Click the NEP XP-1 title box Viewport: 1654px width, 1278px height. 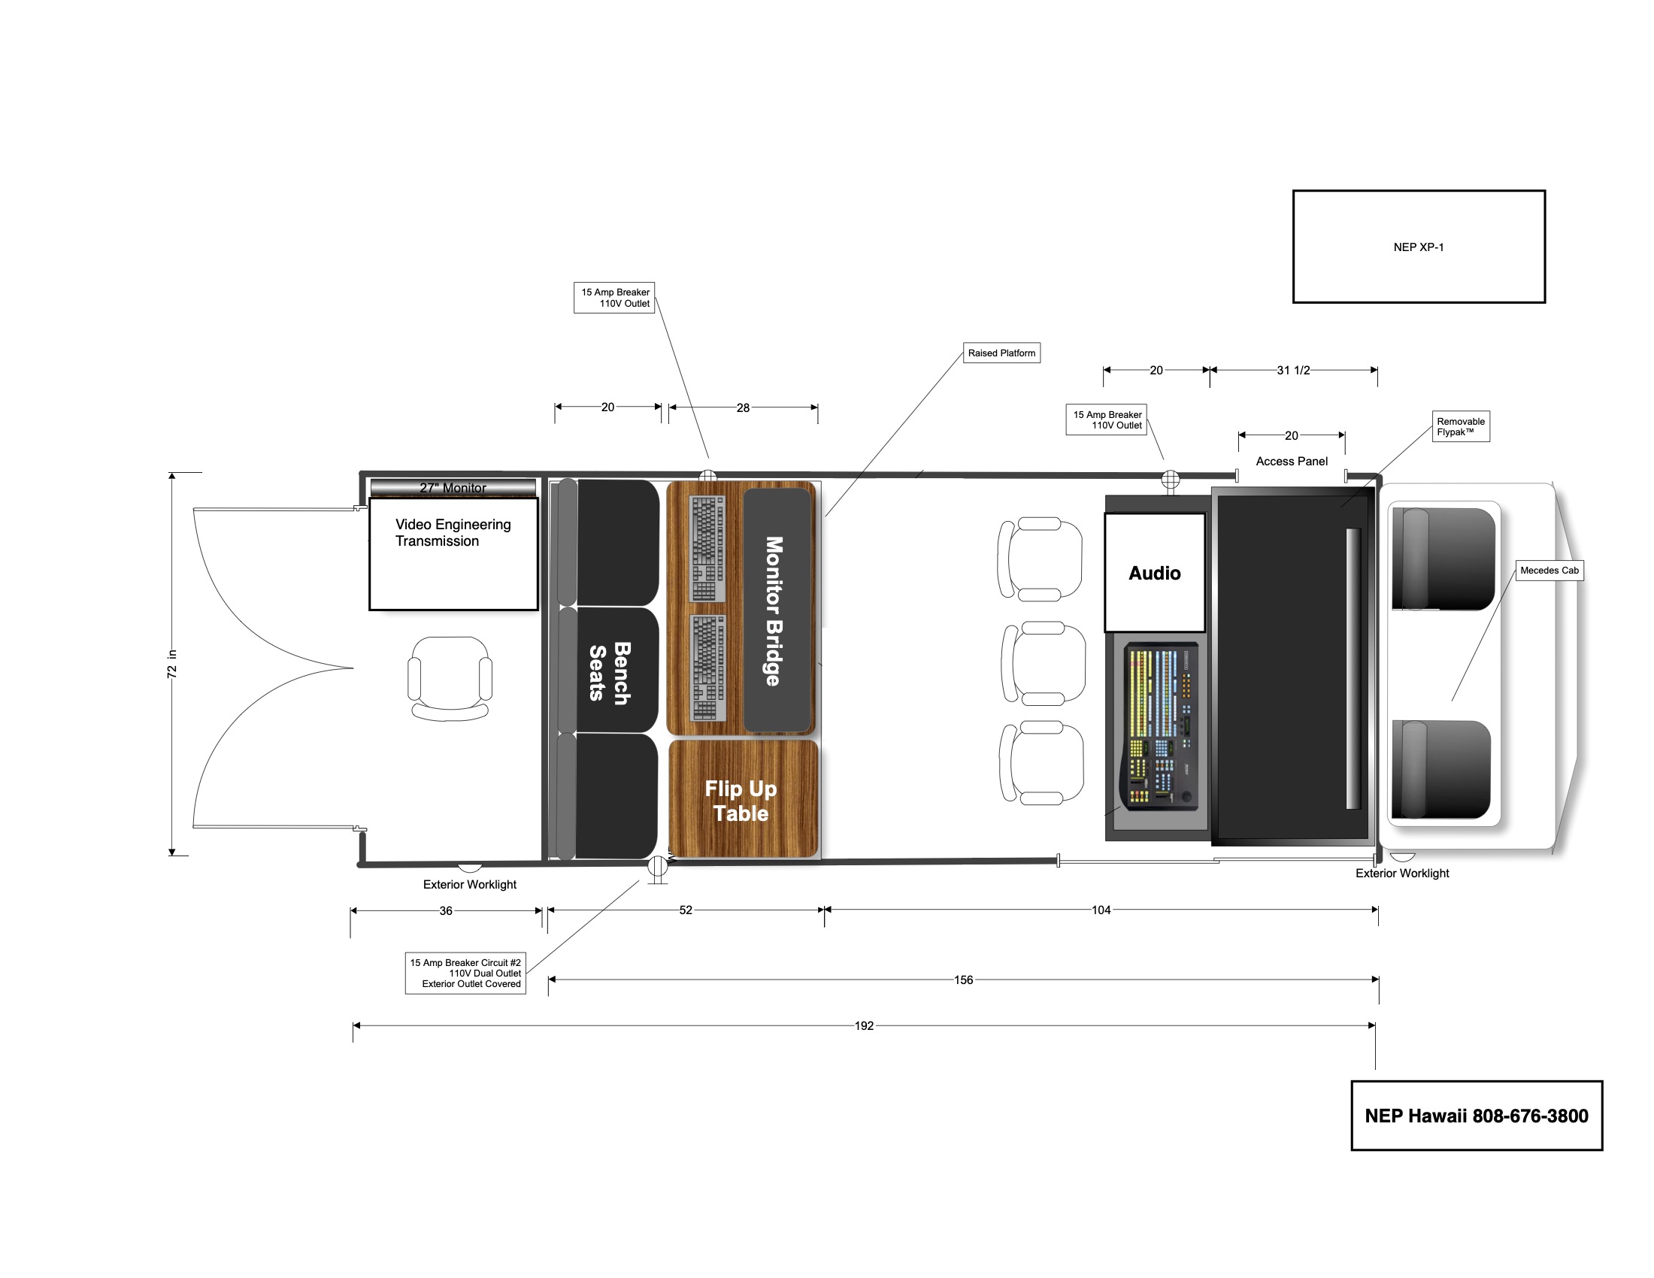pos(1418,247)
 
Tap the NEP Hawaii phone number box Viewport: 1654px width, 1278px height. pos(1476,1115)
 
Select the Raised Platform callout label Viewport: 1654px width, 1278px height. pos(1001,353)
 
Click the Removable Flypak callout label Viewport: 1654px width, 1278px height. pos(1460,427)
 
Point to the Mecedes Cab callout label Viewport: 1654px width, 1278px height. pos(1549,570)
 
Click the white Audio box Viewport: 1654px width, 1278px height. pos(1154,572)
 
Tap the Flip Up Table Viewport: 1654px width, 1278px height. pos(741,801)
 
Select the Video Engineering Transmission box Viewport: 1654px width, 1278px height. pos(453,553)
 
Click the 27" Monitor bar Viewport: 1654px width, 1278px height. pos(453,488)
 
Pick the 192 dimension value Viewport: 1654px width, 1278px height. pos(864,1026)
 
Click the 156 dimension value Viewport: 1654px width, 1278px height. pos(963,980)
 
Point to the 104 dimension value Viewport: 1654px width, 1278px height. pos(1101,910)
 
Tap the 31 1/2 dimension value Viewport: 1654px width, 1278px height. pos(1293,370)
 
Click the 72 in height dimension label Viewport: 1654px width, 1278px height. pos(172,663)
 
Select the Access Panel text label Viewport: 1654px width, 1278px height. pos(1291,461)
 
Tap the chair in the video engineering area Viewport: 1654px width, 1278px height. pos(450,677)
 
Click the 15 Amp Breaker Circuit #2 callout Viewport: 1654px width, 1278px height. pos(465,973)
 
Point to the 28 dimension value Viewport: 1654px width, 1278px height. pos(743,407)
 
